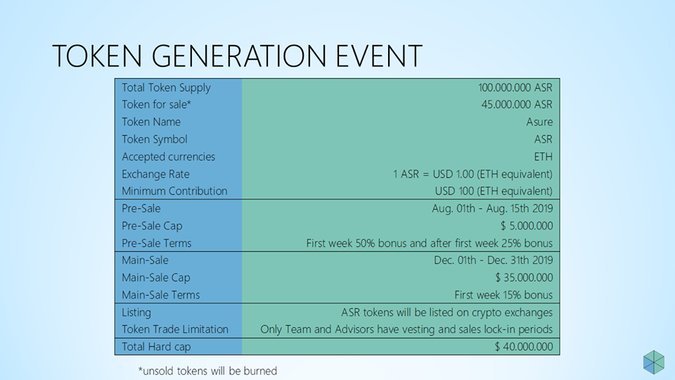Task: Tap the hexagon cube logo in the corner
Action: click(x=654, y=362)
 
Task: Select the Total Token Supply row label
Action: click(x=166, y=88)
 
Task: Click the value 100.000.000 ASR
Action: click(x=515, y=88)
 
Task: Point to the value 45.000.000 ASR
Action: click(x=517, y=105)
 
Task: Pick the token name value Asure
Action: click(x=539, y=122)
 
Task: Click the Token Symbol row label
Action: click(x=155, y=139)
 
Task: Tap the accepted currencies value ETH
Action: click(x=544, y=157)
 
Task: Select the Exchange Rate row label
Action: click(x=155, y=174)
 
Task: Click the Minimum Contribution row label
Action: click(x=174, y=191)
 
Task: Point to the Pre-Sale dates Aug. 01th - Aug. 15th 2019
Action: click(x=492, y=208)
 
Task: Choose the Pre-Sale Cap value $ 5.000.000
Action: click(x=527, y=226)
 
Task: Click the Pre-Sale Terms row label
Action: click(x=156, y=243)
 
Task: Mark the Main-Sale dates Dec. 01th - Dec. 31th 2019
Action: click(x=494, y=260)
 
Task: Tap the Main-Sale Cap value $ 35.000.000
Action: click(x=524, y=277)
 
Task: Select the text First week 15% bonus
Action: click(x=503, y=295)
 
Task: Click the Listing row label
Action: click(x=136, y=312)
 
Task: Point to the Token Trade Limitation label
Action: click(x=175, y=329)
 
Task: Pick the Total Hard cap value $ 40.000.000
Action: click(x=523, y=347)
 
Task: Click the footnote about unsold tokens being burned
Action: click(x=207, y=371)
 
